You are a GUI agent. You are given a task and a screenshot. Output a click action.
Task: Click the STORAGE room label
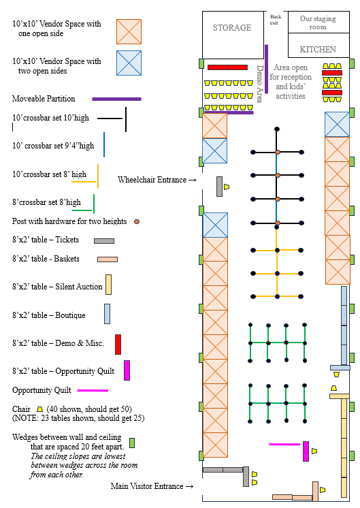coord(232,27)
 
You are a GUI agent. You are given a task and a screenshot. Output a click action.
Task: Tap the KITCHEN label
coord(318,49)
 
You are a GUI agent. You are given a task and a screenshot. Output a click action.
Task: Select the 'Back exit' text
coord(276,20)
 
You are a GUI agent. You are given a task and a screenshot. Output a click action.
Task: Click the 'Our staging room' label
coord(318,22)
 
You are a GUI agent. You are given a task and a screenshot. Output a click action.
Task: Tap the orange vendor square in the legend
coord(129,31)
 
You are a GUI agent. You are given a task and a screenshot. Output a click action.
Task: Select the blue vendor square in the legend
coord(129,63)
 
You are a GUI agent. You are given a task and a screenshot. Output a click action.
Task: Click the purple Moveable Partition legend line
coord(116,99)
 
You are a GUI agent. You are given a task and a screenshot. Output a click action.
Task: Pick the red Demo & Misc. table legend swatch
coord(118,345)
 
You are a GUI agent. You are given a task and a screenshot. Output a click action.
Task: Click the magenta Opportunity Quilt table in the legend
coord(127,370)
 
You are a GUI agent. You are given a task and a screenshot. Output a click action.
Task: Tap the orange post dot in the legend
coord(137,221)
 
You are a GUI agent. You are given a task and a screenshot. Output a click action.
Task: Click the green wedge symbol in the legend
coord(132,443)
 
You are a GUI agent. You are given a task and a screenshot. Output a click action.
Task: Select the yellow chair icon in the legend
coord(40,409)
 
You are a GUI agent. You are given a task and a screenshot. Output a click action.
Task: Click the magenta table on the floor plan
coord(306,451)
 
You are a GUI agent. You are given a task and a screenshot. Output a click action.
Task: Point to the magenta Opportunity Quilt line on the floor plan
coord(284,444)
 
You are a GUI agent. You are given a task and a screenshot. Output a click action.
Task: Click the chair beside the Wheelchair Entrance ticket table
coord(227,187)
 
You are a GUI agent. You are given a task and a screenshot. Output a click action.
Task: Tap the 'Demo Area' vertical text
coord(260,84)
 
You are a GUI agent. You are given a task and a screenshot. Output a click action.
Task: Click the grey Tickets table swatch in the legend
coord(104,240)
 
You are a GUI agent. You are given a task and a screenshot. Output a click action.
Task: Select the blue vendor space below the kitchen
coord(337,125)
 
